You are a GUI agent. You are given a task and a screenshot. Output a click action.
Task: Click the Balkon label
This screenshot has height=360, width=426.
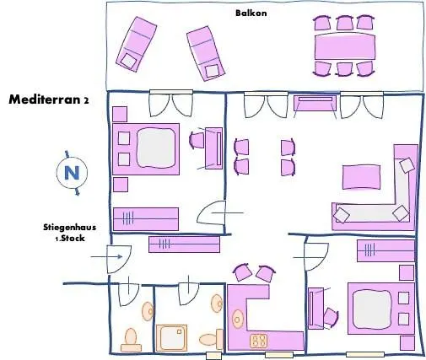pyautogui.click(x=251, y=13)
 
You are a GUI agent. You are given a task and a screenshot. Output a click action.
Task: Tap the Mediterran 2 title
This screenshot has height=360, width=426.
pyautogui.click(x=49, y=99)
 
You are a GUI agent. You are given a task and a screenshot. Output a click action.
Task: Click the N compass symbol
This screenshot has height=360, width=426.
pyautogui.click(x=72, y=173)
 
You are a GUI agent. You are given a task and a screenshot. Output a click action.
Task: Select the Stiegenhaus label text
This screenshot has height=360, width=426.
pyautogui.click(x=69, y=227)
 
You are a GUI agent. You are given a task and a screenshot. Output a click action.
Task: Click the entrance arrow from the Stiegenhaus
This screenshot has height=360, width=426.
pyautogui.click(x=106, y=256)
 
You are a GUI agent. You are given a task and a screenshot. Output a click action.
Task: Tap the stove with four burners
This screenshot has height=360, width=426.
pyautogui.click(x=258, y=341)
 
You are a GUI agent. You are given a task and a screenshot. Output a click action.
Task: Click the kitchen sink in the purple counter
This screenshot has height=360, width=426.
pyautogui.click(x=238, y=320)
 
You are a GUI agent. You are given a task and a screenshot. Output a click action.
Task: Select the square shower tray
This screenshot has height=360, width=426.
pyautogui.click(x=171, y=338)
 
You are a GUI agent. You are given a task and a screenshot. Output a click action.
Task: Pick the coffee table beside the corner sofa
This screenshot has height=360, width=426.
pyautogui.click(x=361, y=177)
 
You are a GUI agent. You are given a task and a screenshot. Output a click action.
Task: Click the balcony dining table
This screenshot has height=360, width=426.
pyautogui.click(x=345, y=46)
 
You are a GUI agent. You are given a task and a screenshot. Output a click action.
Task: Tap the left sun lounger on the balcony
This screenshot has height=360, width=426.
pyautogui.click(x=137, y=44)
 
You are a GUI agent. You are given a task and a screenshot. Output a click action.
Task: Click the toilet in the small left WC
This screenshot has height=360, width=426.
pyautogui.click(x=131, y=341)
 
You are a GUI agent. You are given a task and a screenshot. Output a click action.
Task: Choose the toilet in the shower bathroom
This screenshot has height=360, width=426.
pyautogui.click(x=211, y=339)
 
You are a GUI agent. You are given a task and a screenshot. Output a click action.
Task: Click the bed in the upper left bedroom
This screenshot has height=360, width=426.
pyautogui.click(x=146, y=149)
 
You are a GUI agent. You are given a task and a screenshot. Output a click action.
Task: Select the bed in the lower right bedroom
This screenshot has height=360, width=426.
pyautogui.click(x=381, y=309)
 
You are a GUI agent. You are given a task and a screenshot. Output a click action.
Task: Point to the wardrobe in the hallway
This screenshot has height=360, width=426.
pyautogui.click(x=184, y=244)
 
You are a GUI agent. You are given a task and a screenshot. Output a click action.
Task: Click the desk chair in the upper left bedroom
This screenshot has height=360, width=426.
pyautogui.click(x=197, y=140)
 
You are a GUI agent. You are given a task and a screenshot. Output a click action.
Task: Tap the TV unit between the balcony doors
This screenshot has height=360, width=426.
pyautogui.click(x=315, y=103)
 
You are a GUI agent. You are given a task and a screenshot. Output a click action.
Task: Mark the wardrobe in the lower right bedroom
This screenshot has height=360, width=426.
pyautogui.click(x=386, y=250)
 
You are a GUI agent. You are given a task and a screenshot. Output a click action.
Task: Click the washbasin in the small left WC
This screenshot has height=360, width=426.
pyautogui.click(x=148, y=311)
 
